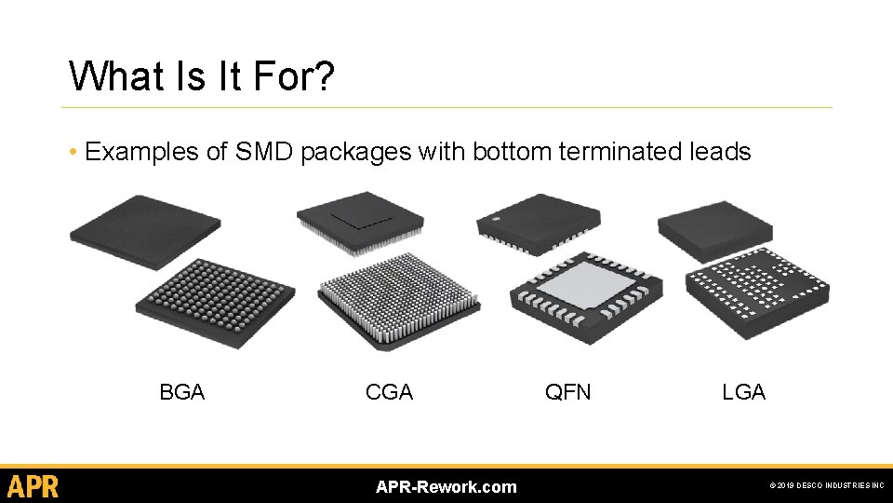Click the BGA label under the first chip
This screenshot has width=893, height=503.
(181, 392)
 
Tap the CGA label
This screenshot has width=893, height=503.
(389, 392)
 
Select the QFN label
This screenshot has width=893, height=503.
(567, 392)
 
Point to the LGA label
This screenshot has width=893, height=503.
(743, 392)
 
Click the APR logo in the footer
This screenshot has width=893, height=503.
(33, 486)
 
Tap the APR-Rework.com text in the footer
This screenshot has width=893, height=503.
(446, 487)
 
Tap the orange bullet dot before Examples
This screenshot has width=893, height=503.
(73, 152)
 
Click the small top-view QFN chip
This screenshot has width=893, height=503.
(537, 223)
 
